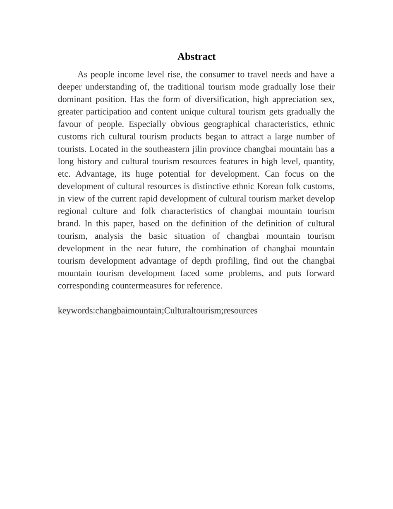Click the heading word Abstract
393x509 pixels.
point(196,57)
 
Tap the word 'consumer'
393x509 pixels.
point(219,74)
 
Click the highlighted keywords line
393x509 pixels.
point(158,310)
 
